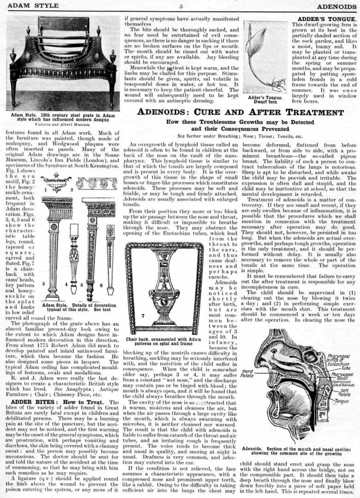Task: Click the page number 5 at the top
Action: point(181,6)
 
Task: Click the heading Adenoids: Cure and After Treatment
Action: point(241,112)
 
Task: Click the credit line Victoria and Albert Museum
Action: point(61,124)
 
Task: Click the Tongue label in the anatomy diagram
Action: point(342,401)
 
